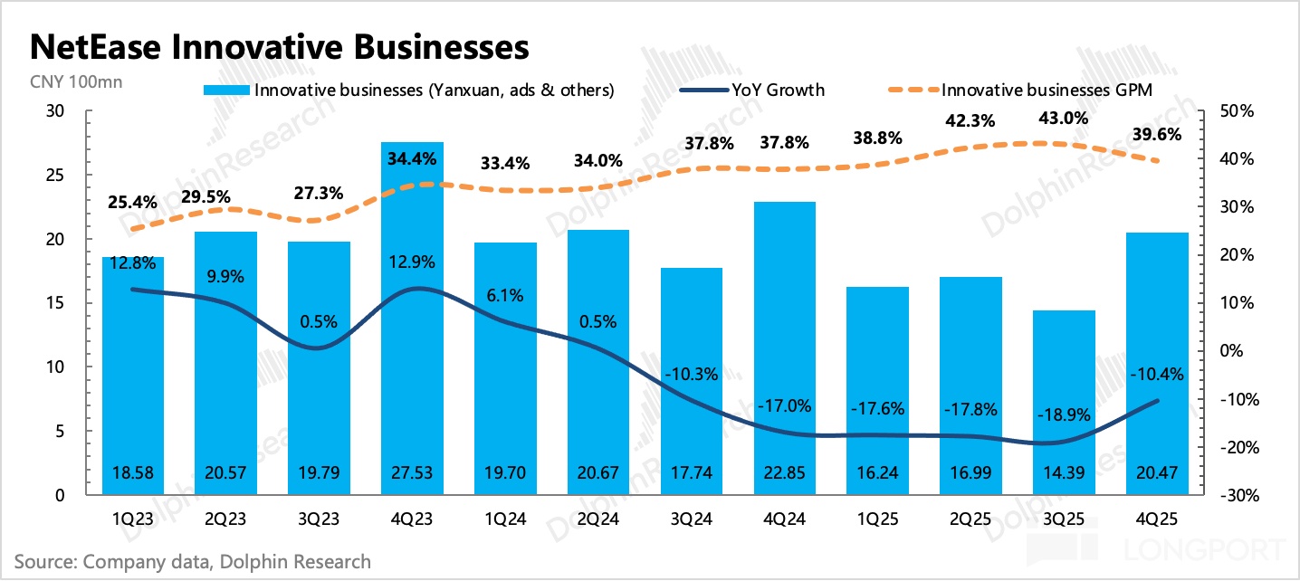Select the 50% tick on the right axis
point(1235,111)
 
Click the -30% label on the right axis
point(1235,496)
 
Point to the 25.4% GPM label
point(132,201)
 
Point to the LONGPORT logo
point(1203,549)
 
